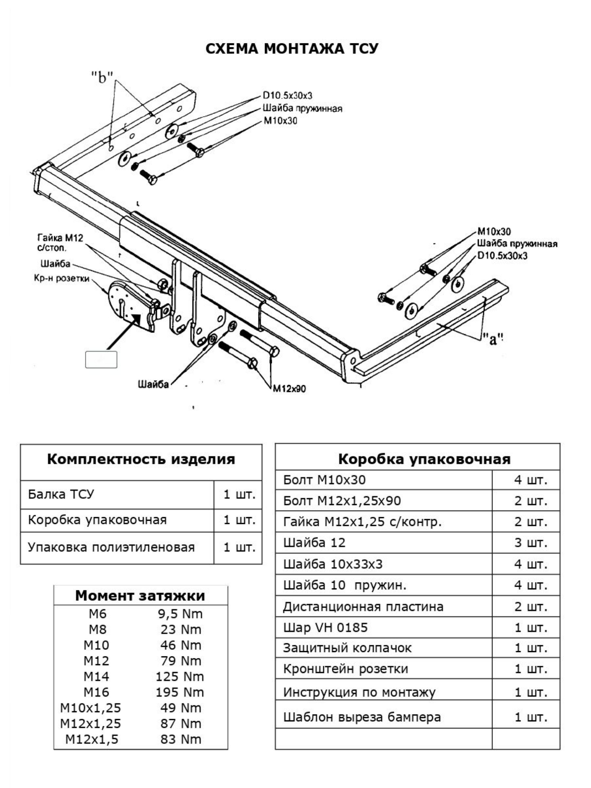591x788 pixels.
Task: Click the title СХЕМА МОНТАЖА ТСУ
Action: [292, 49]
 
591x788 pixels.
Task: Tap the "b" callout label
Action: [102, 77]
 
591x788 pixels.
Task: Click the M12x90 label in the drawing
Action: [289, 389]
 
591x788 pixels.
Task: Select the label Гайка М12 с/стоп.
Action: [60, 242]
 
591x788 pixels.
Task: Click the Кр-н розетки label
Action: [61, 278]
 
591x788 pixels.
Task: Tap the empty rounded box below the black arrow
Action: [101, 360]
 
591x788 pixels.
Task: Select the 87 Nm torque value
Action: [181, 724]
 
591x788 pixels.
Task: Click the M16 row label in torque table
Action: [96, 692]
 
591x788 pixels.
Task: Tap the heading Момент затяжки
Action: [140, 596]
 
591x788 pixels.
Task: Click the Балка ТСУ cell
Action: [61, 494]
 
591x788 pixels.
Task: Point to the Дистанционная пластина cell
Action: [363, 606]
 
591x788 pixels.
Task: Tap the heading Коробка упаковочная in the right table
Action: [424, 459]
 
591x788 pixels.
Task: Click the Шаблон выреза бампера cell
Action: [361, 716]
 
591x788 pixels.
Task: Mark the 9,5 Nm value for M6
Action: [180, 614]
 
